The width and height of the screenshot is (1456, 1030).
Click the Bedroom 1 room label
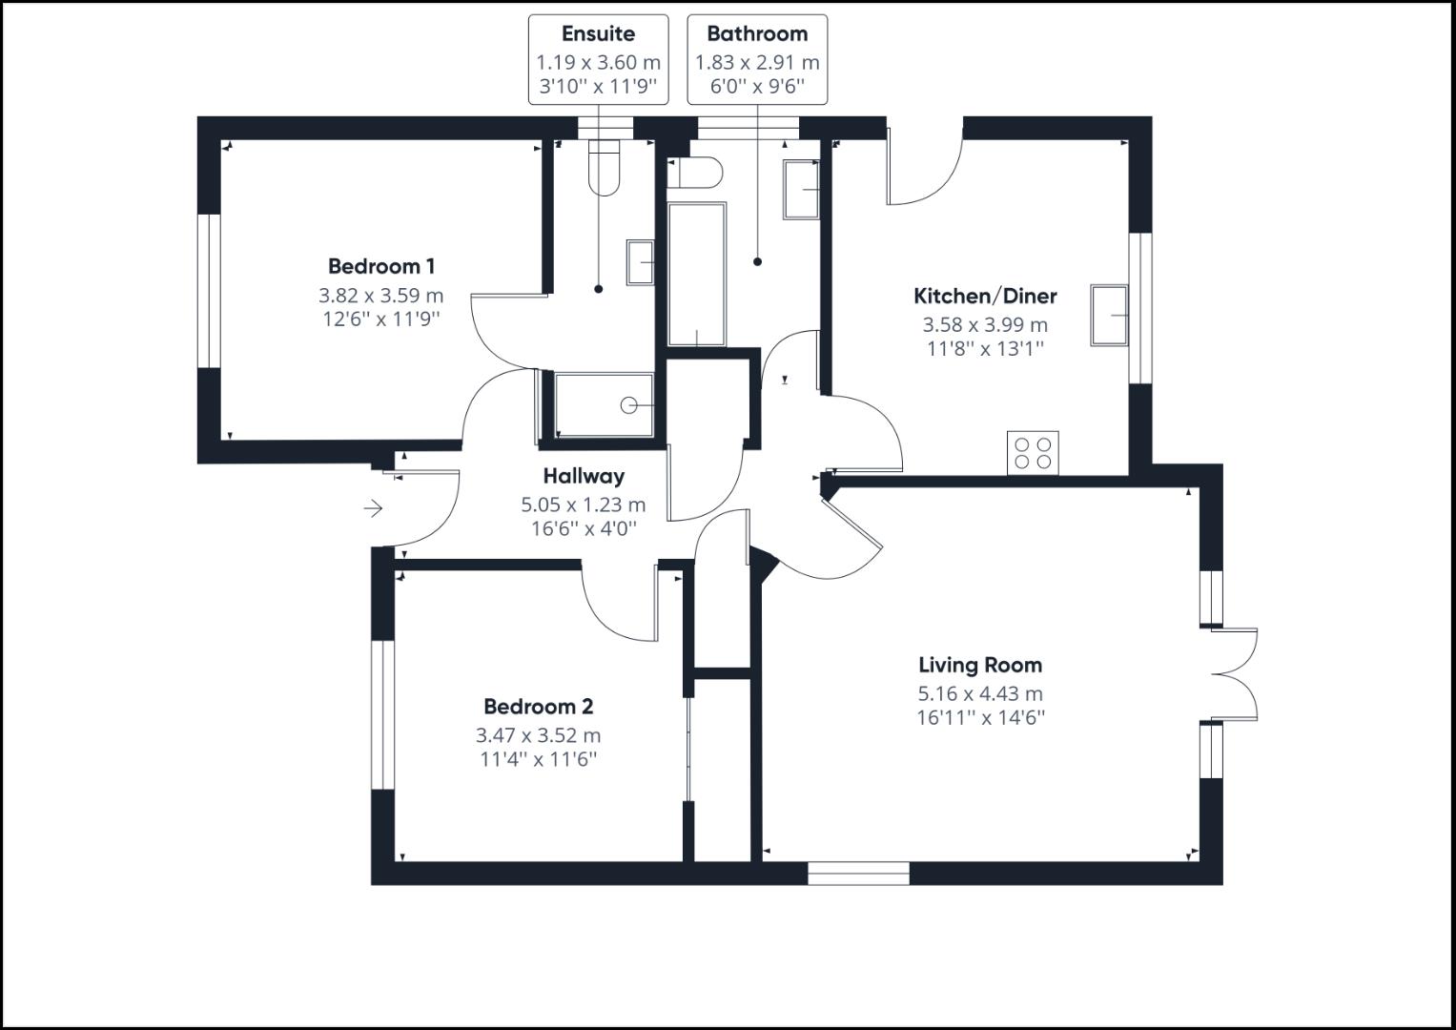[381, 266]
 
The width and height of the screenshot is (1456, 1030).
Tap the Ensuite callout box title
[598, 34]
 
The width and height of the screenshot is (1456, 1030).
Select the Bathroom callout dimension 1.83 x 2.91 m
[757, 63]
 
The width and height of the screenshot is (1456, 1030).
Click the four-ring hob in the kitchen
[1033, 452]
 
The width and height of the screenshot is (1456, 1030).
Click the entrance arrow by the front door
[373, 509]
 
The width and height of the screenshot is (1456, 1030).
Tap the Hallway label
[584, 476]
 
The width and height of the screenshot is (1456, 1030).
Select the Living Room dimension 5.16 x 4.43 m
[980, 694]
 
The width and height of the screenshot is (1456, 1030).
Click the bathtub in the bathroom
[697, 273]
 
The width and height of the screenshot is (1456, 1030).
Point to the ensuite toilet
[605, 168]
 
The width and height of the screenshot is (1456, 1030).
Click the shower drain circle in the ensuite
[628, 405]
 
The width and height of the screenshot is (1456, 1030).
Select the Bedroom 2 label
[538, 707]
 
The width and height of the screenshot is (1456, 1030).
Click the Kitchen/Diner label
[985, 296]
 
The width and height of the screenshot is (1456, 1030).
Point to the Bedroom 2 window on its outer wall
[382, 714]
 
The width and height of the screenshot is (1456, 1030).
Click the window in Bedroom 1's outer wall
[209, 291]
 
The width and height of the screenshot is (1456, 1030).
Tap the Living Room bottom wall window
[858, 874]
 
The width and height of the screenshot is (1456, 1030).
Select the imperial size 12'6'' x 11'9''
[381, 319]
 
